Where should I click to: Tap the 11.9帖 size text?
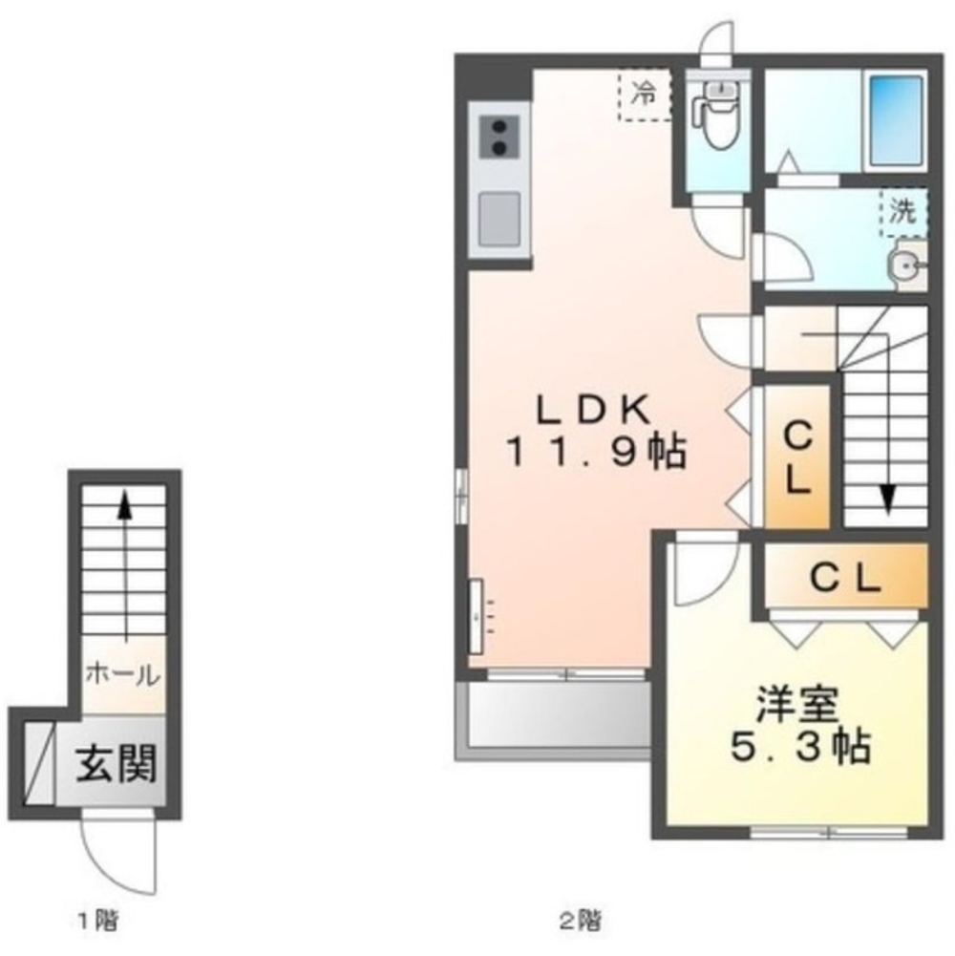click(595, 452)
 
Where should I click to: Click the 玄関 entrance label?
click(116, 763)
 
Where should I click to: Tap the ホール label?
click(122, 675)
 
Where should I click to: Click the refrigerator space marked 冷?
click(644, 95)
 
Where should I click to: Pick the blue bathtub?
click(895, 120)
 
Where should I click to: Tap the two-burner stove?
click(499, 138)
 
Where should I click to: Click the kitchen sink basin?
click(499, 219)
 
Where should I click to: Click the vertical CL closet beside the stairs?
click(797, 457)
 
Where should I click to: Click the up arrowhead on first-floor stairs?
click(125, 505)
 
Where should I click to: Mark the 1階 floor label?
click(97, 920)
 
